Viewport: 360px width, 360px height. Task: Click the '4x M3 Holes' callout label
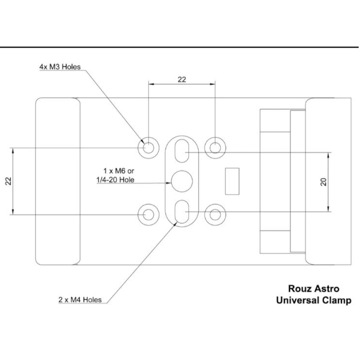(59, 67)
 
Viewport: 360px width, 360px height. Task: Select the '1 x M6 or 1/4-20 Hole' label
(116, 175)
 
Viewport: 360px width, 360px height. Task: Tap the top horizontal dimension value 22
(182, 79)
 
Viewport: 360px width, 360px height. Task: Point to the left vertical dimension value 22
(8, 181)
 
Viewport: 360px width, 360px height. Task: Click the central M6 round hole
(182, 181)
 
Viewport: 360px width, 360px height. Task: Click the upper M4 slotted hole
(182, 151)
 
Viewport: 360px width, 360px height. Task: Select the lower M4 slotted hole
(182, 211)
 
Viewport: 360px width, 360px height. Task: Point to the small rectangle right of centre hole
(232, 181)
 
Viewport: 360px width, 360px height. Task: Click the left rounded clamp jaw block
(58, 181)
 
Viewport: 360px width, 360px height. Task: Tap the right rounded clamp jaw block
(328, 181)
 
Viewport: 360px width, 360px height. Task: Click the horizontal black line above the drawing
(180, 47)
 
